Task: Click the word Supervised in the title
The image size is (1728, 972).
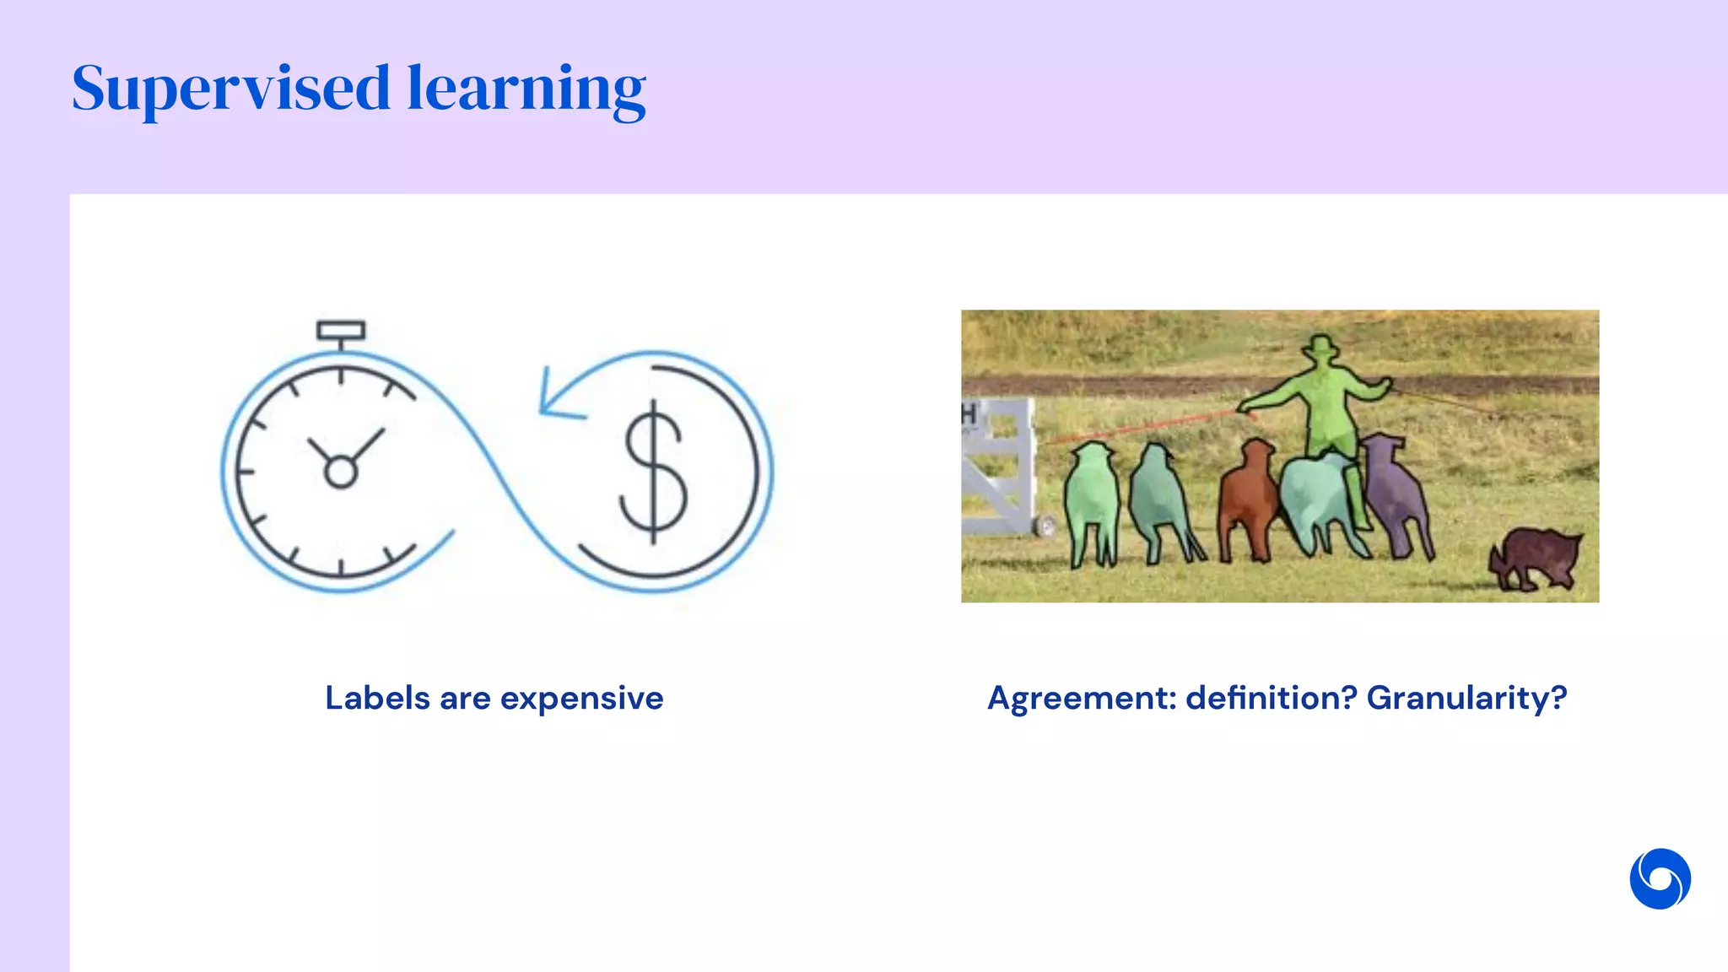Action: click(x=230, y=89)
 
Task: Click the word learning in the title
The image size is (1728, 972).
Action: click(x=526, y=89)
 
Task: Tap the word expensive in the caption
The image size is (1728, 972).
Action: click(x=581, y=699)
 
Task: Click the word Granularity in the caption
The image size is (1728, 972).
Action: click(x=1466, y=699)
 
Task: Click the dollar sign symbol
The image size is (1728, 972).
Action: click(x=654, y=472)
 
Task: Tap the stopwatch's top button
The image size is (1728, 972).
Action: click(x=341, y=330)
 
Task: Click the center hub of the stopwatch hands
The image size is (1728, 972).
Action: click(x=341, y=472)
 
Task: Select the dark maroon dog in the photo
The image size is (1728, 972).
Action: click(x=1536, y=558)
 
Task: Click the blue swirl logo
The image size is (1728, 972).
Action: click(x=1660, y=878)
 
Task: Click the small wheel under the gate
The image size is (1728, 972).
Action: click(x=1047, y=526)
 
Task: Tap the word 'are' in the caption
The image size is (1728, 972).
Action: click(x=465, y=699)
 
